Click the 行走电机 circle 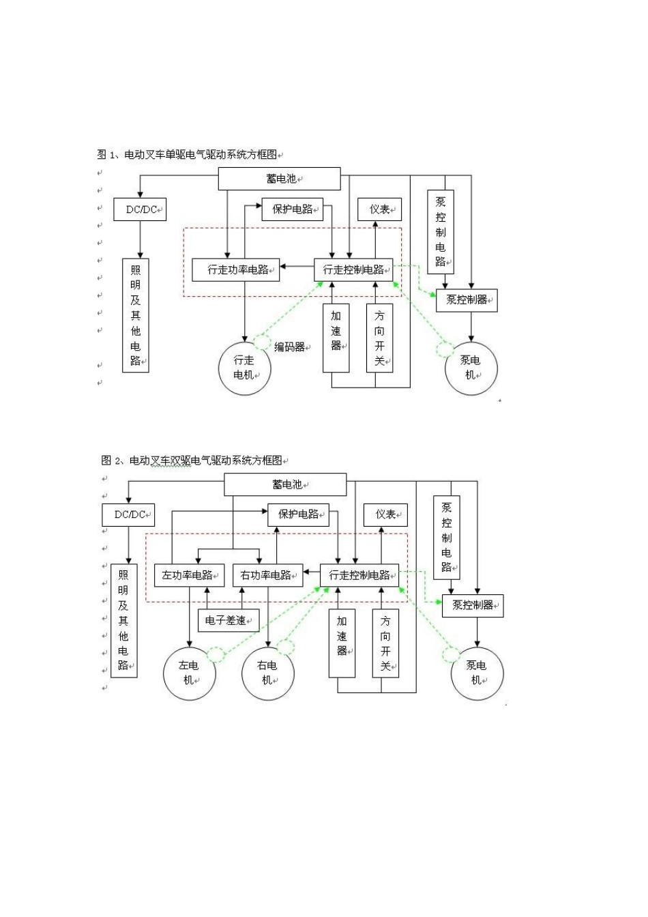pos(244,368)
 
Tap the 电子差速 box pos(228,620)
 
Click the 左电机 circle pos(189,673)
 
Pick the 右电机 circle pos(267,673)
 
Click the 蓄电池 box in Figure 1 pos(279,179)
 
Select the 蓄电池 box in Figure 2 pos(285,484)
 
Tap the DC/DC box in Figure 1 pos(140,209)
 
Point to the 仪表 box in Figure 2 pos(385,514)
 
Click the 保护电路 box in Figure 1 pos(293,209)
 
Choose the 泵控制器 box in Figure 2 pos(472,605)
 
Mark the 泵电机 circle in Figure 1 pos(471,368)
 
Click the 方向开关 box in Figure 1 pos(379,338)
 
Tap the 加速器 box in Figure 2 pos(342,643)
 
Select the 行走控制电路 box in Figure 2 pos(359,575)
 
